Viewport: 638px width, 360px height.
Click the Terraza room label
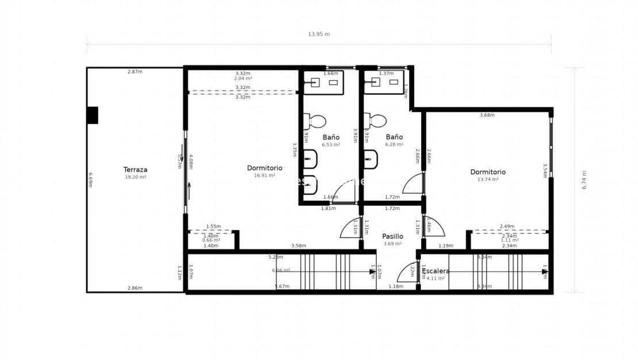point(136,170)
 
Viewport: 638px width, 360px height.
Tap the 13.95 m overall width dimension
point(319,34)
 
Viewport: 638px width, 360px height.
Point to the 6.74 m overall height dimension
point(584,180)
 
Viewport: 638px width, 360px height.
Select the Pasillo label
point(393,236)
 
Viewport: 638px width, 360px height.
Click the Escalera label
point(436,271)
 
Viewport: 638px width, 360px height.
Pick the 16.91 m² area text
point(264,175)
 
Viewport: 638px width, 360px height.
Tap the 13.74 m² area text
point(487,179)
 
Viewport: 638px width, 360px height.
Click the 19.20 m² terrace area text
point(136,177)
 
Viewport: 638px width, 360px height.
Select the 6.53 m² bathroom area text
point(330,145)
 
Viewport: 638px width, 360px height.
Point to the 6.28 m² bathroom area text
point(394,145)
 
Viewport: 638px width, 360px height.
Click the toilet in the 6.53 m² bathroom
point(316,121)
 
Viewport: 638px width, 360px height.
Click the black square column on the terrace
point(92,115)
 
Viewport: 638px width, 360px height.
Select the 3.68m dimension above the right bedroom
point(487,115)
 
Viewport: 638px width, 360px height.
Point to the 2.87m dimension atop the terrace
point(135,72)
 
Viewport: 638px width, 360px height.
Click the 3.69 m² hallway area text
point(393,244)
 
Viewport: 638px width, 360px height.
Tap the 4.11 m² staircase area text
point(436,278)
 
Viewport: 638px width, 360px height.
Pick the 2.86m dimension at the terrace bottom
point(135,288)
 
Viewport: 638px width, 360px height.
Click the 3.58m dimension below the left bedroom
point(298,246)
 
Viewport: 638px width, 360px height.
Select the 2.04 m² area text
point(243,78)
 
